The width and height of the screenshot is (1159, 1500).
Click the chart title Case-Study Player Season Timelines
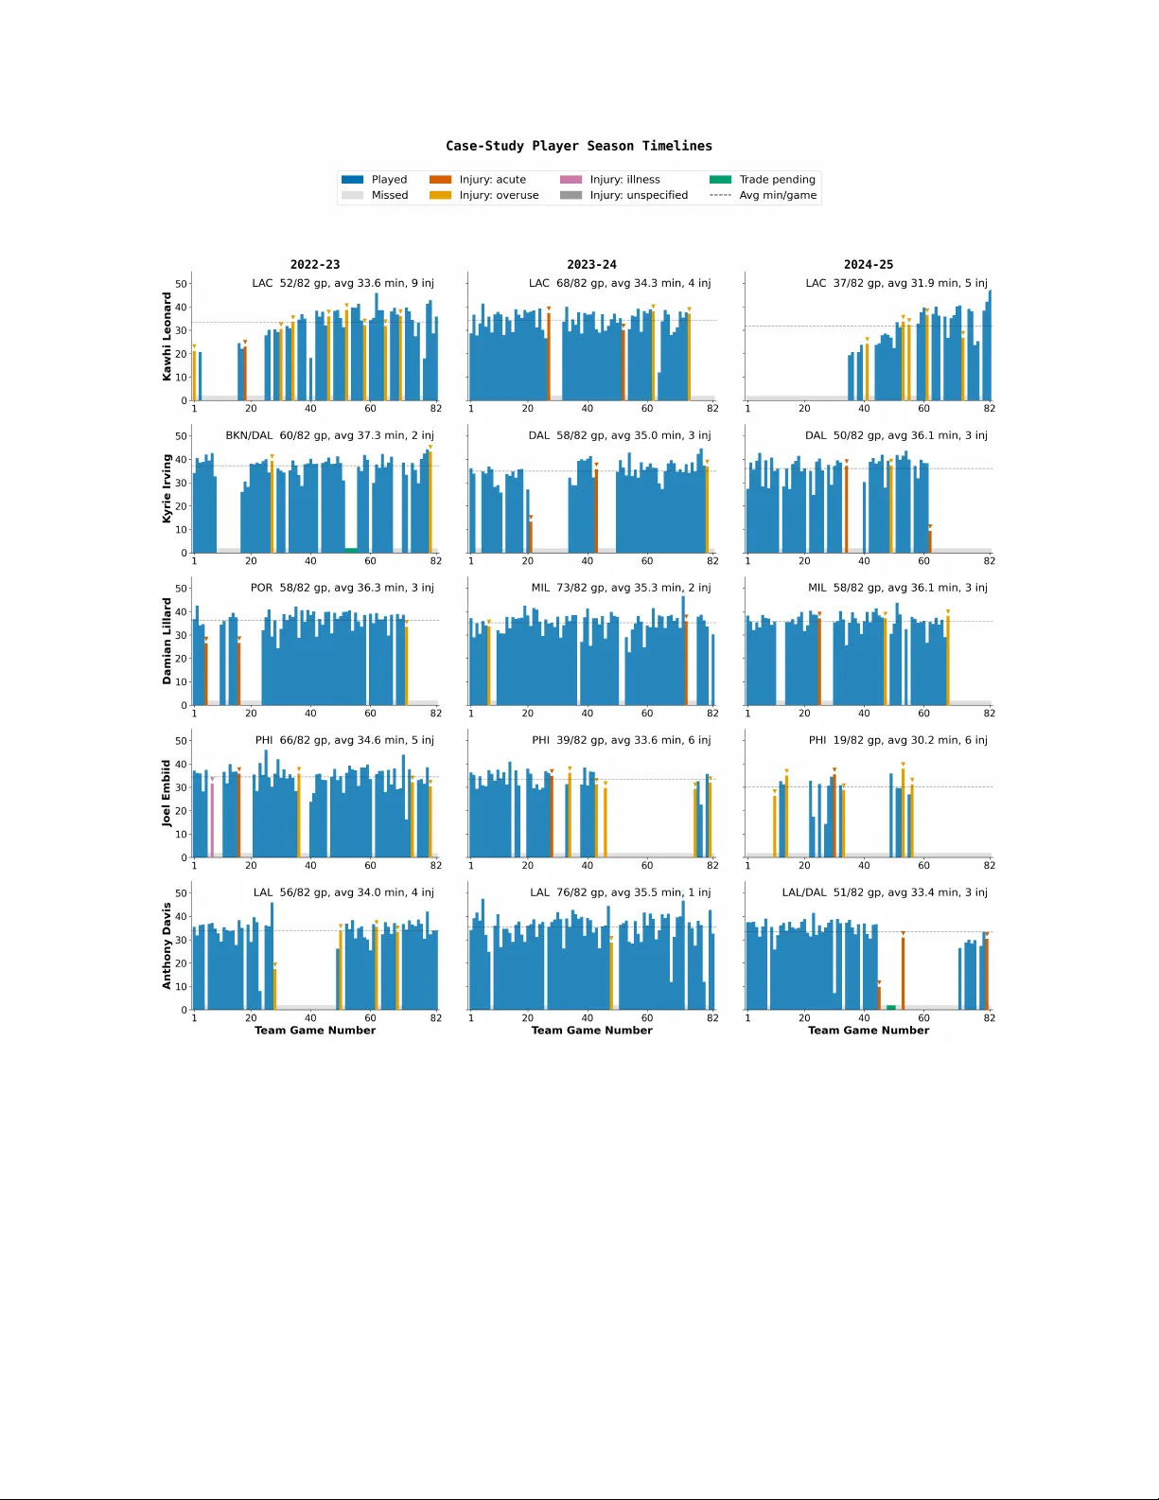click(x=579, y=146)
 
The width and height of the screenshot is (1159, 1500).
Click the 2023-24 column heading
click(x=591, y=264)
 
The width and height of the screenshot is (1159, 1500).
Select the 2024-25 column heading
click(x=868, y=264)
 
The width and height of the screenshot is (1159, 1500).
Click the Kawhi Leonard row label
click(x=167, y=336)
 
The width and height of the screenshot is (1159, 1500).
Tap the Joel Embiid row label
click(x=167, y=793)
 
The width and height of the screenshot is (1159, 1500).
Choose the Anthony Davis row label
click(x=167, y=945)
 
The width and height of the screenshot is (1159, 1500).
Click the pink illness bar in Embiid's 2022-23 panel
click(x=212, y=820)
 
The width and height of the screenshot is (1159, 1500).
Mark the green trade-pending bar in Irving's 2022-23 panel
click(x=351, y=550)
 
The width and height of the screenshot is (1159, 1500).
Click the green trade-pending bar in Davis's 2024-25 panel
click(x=891, y=1007)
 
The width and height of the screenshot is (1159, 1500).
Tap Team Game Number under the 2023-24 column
click(x=591, y=1031)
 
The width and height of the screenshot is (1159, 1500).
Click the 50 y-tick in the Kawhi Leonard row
click(x=181, y=284)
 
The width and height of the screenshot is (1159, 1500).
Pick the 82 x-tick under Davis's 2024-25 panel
click(x=989, y=1018)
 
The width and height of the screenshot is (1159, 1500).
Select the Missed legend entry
click(x=389, y=195)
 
